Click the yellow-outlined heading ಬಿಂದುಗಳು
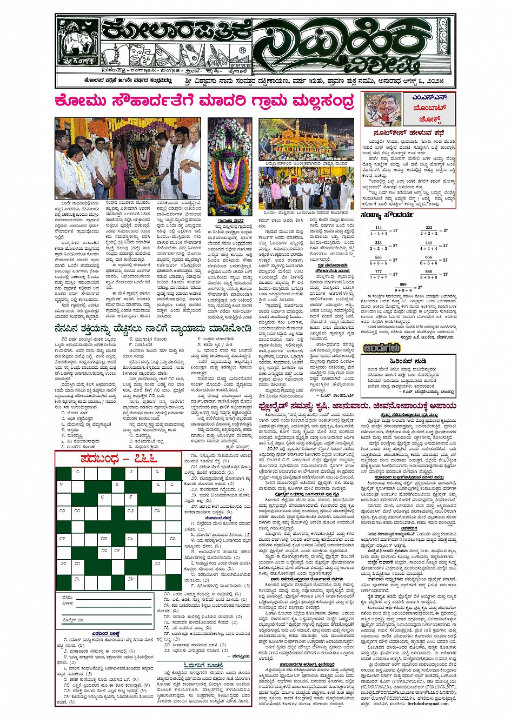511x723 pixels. tap(382, 348)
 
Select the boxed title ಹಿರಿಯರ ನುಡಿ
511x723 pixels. tap(409, 361)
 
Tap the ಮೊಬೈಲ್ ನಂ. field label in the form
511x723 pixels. tap(73, 620)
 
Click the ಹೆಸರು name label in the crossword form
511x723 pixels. tap(68, 598)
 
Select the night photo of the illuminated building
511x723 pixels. tap(307, 140)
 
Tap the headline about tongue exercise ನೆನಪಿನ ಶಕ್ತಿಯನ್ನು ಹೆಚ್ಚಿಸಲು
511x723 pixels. tap(152, 329)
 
